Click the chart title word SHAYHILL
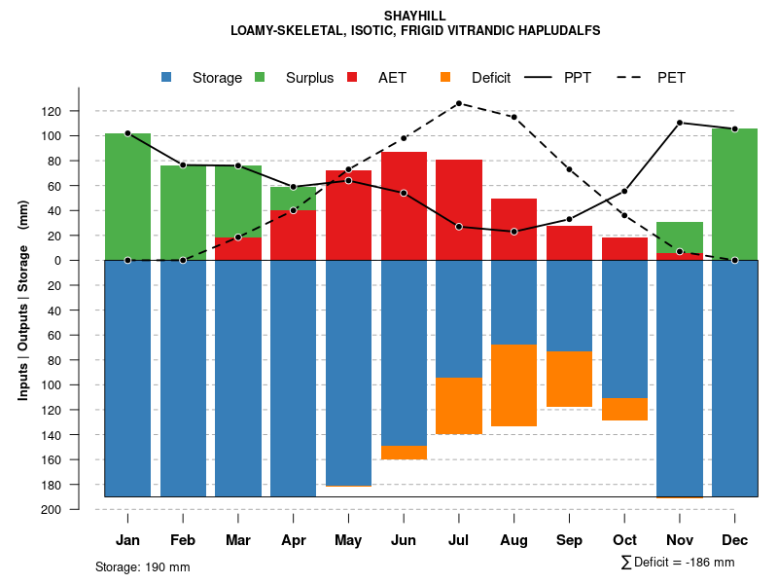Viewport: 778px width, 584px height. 415,17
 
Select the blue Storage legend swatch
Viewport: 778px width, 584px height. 166,77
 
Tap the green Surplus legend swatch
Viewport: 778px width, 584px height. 260,77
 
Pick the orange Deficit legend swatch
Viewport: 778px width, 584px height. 445,77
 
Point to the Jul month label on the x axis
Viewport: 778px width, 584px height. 459,540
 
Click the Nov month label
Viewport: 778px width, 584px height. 680,540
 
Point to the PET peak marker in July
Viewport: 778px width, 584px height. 459,103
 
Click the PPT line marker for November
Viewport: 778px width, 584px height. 680,123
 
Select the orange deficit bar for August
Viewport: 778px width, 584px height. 513,385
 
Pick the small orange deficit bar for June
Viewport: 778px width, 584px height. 404,453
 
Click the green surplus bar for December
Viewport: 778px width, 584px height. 734,195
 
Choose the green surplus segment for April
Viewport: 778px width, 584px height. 293,198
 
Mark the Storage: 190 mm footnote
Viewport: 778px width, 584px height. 143,566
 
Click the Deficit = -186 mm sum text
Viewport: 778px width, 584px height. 678,563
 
